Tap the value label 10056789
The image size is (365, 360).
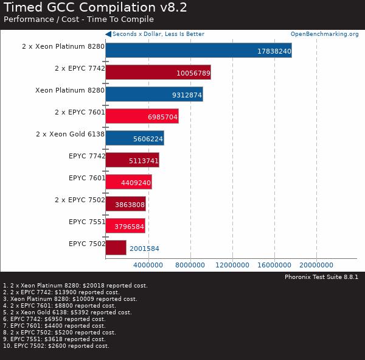(192, 73)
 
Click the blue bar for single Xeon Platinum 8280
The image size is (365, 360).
(154, 94)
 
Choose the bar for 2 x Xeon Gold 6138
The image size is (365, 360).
(134, 138)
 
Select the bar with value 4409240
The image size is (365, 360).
(128, 182)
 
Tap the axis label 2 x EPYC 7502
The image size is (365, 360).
(79, 200)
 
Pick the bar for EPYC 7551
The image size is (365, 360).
(125, 225)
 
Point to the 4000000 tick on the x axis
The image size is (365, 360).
(148, 265)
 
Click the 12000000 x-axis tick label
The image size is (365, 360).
(232, 265)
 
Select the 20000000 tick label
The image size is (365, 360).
(316, 265)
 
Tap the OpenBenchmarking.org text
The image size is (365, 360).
(324, 34)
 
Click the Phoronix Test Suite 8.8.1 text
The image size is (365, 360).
(321, 277)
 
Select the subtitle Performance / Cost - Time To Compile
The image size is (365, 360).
(70, 19)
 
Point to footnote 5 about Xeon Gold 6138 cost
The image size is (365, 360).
(68, 312)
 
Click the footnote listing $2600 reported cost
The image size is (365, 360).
(56, 346)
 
